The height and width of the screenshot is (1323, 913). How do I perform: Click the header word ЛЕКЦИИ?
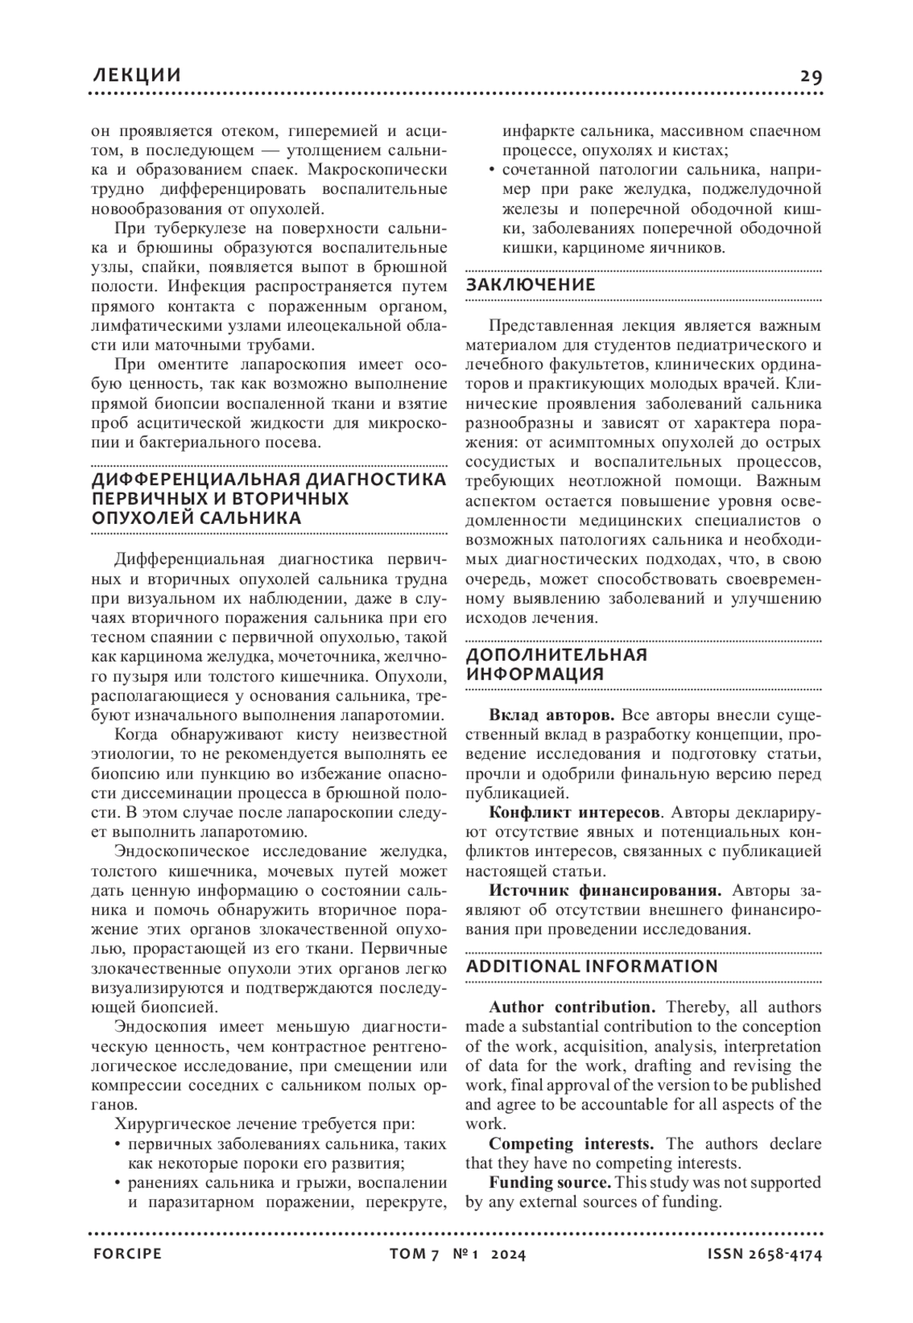(x=136, y=75)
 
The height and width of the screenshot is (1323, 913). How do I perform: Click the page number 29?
(x=810, y=76)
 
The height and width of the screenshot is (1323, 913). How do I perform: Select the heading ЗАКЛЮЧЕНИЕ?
(x=530, y=285)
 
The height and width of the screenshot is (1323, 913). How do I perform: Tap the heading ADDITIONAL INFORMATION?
(x=592, y=966)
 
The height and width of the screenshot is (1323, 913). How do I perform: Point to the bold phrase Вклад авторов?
(x=552, y=715)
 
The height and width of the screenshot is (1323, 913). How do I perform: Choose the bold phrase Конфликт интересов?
(x=574, y=812)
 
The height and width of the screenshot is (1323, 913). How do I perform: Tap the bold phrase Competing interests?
(x=571, y=1144)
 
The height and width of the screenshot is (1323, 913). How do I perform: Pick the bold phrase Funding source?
(x=550, y=1182)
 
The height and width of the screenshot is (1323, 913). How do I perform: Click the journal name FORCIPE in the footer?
(x=127, y=1255)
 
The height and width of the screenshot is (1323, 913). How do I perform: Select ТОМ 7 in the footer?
(x=415, y=1255)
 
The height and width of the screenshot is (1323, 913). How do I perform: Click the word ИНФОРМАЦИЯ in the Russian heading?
(x=534, y=674)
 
